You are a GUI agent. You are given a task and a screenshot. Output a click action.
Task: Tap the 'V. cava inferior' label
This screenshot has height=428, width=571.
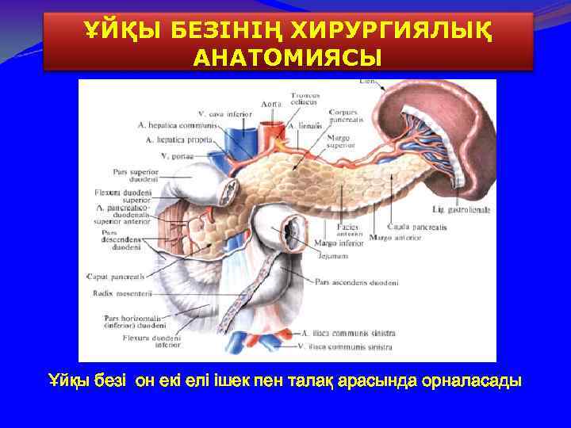pos(203,113)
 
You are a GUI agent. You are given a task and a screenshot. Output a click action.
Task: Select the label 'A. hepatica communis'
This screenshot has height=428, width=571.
pos(178,125)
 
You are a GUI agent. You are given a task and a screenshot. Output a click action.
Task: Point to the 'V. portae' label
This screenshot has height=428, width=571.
pos(175,155)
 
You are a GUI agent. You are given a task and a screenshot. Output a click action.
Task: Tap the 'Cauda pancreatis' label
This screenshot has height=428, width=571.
pos(419,227)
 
